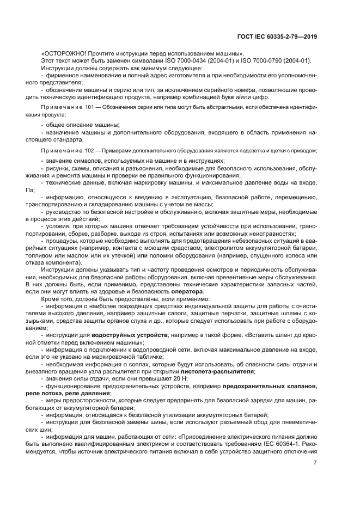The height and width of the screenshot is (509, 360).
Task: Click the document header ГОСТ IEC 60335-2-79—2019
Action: (x=277, y=36)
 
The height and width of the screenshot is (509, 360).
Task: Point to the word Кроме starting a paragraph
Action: (x=50, y=299)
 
